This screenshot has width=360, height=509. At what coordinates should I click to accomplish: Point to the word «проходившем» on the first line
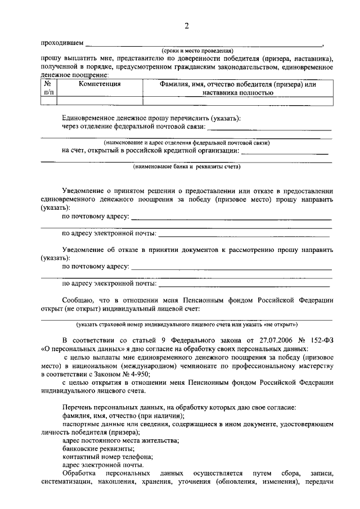[62, 43]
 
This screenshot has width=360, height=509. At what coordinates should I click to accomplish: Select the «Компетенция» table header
[100, 84]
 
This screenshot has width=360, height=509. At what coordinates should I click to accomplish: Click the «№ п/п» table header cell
[49, 88]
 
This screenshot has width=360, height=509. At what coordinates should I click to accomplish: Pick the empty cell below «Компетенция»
[100, 101]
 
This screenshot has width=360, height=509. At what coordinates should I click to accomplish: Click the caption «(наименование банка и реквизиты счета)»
[187, 167]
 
